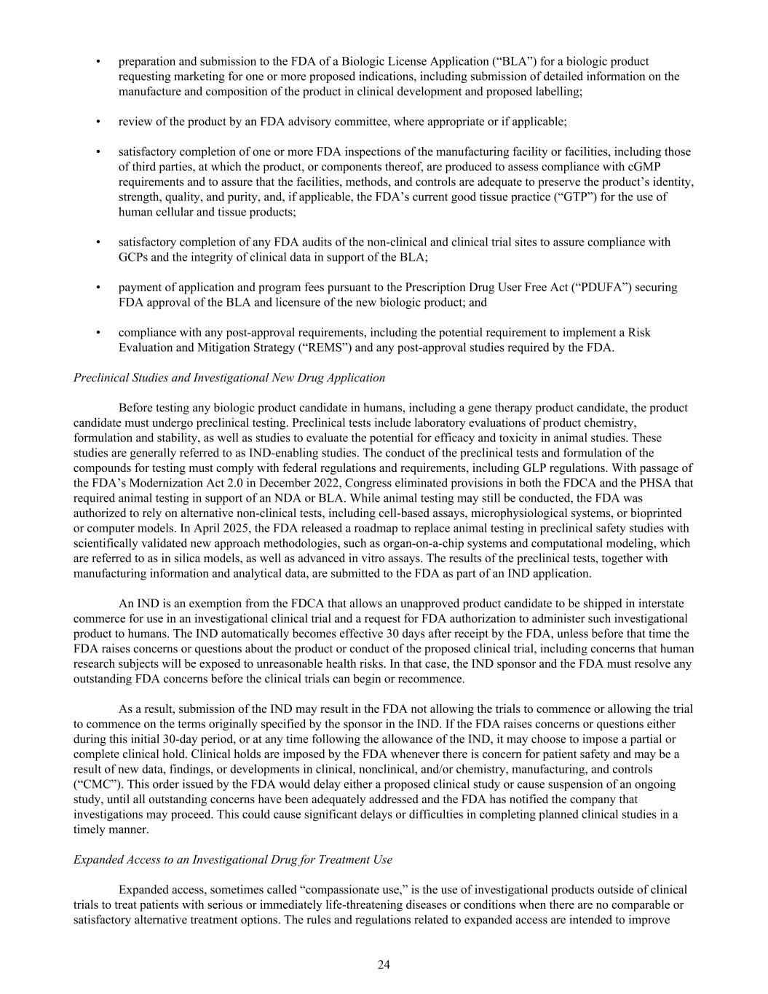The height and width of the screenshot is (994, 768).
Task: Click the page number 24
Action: click(x=384, y=965)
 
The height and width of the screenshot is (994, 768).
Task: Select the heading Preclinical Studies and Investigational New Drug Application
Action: click(x=229, y=377)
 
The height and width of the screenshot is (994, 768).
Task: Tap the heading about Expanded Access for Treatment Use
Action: click(x=233, y=859)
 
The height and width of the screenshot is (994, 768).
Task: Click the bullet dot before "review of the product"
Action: click(x=98, y=122)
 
